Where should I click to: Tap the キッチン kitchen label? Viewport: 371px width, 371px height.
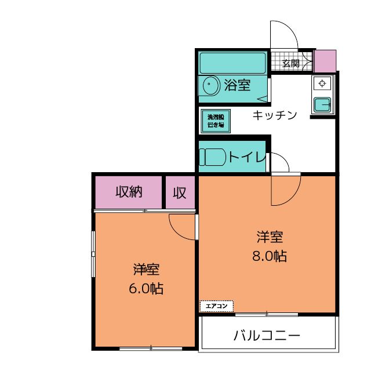(x=274, y=115)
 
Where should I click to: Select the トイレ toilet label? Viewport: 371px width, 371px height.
(x=246, y=157)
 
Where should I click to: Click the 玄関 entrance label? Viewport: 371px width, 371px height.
(x=291, y=63)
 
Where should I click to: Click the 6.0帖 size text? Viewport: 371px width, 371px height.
(x=146, y=288)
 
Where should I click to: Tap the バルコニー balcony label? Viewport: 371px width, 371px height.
(x=267, y=336)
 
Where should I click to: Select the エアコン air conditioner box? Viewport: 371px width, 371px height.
(x=216, y=305)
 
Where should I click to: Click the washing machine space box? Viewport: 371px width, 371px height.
(x=216, y=121)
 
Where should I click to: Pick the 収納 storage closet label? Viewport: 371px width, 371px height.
(x=128, y=192)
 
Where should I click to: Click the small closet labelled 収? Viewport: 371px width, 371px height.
(x=180, y=192)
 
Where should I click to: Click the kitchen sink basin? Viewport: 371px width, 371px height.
(x=321, y=104)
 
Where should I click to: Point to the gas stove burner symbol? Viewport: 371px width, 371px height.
(x=322, y=83)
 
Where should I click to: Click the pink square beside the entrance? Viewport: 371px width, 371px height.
(x=325, y=59)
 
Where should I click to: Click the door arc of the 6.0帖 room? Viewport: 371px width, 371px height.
(x=183, y=227)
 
